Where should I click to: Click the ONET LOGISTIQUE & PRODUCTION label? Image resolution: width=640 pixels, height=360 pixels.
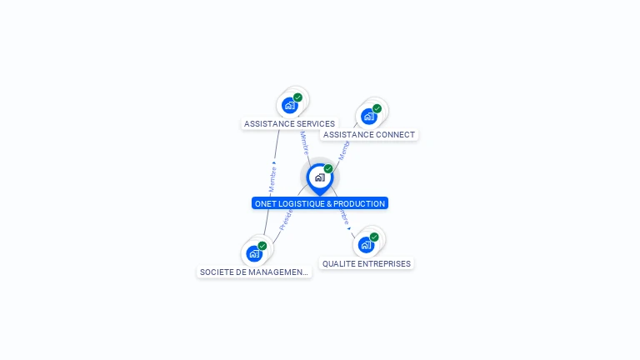320,203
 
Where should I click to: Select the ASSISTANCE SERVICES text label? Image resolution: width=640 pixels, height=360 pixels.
289,124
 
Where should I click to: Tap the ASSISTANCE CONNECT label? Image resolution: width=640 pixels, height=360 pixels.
368,135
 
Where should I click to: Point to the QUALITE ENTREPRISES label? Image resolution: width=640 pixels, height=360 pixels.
366,264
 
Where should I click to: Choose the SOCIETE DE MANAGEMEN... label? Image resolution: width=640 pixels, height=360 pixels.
254,272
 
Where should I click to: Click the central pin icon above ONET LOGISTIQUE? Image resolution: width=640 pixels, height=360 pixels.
319,177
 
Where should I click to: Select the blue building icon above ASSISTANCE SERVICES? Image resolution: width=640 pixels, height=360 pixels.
289,105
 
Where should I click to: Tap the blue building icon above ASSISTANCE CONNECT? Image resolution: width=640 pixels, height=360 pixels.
368,116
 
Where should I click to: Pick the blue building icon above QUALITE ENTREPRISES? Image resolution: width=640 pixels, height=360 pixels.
365,245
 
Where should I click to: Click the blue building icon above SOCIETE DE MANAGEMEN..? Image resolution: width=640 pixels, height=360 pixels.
254,253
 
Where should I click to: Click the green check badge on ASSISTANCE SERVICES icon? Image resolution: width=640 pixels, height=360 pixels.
297,97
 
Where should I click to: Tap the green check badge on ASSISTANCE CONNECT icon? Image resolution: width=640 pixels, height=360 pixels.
377,108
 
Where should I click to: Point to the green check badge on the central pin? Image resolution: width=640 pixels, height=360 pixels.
328,169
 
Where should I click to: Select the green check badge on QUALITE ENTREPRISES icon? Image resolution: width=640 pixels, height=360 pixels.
374,237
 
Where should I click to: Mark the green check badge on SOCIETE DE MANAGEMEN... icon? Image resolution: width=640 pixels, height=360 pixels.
262,246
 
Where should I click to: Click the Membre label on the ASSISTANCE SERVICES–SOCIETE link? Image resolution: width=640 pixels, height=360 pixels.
272,177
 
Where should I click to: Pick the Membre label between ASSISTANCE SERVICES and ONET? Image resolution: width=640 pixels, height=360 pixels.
304,143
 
